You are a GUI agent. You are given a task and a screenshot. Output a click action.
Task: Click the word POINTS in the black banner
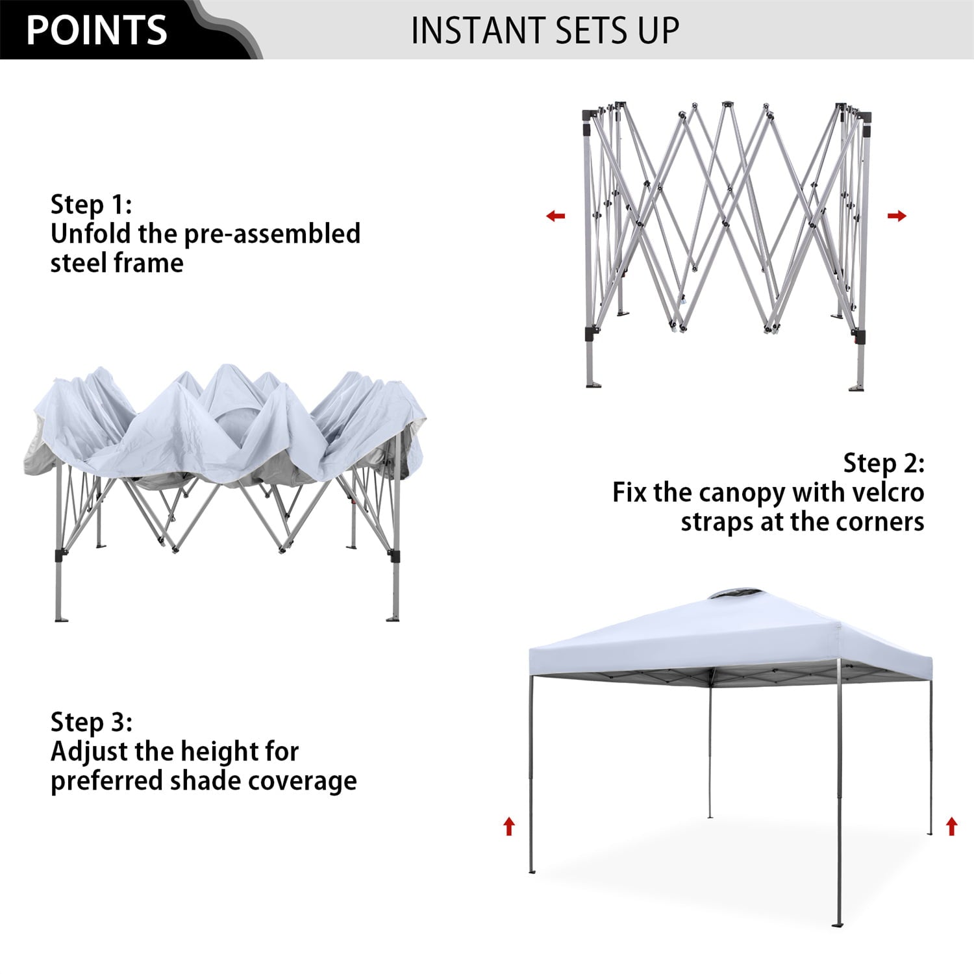pos(97,31)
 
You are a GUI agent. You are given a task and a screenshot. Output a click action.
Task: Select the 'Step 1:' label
pos(91,205)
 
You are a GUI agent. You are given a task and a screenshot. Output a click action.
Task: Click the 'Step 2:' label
pos(884,463)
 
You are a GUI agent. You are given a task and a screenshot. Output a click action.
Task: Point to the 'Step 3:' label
pos(91,722)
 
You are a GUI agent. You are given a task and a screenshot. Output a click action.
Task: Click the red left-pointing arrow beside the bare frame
pos(555,216)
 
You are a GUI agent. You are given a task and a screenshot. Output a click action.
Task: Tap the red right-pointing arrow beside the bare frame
pos(897,216)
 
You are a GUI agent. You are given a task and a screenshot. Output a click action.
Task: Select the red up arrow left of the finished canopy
pos(509,826)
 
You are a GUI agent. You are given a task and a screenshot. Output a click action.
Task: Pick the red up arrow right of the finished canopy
pos(951,826)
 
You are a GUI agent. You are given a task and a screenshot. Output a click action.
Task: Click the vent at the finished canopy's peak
pos(728,594)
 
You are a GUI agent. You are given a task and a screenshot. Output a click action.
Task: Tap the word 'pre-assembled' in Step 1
pos(272,234)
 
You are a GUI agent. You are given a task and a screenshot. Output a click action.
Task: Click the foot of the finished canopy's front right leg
pos(838,924)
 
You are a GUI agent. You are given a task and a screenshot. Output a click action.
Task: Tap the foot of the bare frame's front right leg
pos(857,388)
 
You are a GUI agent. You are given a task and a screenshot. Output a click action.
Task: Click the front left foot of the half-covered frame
pos(61,619)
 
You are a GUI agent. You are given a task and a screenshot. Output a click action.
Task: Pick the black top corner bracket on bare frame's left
pos(588,116)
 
